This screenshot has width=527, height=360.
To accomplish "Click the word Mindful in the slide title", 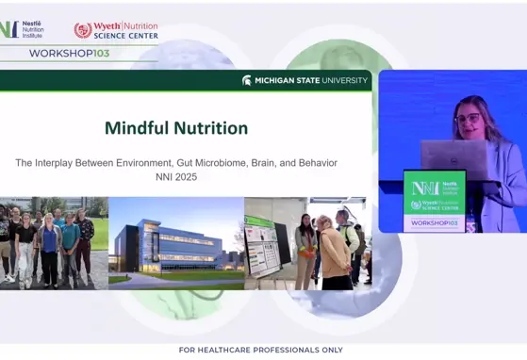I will pos(138,128).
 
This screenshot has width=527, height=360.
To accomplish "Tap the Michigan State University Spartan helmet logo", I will pos(247,81).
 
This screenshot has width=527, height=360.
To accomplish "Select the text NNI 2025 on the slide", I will pos(176,176).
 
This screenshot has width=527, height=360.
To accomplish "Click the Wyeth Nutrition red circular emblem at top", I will pos(83,30).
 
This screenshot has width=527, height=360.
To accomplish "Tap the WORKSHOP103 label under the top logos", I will pos(69,54).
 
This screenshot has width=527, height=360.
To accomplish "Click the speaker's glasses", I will pos(468,119).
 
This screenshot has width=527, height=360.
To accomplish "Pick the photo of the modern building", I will pos(176,242).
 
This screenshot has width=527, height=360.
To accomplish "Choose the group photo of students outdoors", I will pos(54,242).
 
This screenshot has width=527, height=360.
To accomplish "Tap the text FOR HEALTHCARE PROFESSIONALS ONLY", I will pos(260,350).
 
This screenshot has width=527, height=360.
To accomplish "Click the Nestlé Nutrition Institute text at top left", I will pos(32,29).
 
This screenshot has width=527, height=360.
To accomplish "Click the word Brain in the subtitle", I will pos(258,163).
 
